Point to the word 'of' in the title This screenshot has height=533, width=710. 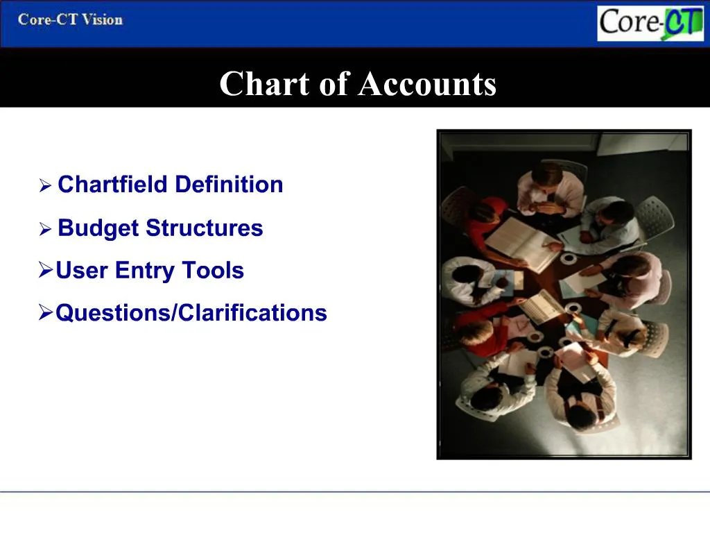click(334, 84)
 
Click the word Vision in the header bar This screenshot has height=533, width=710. click(103, 19)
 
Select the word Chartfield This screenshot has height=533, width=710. click(113, 185)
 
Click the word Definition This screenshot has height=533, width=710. click(229, 185)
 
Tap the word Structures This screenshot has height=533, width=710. click(205, 228)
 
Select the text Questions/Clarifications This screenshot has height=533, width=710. click(191, 313)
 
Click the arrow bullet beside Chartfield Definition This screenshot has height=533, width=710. click(45, 186)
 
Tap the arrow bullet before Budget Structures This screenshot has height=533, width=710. click(45, 229)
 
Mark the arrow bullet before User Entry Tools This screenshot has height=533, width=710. click(45, 271)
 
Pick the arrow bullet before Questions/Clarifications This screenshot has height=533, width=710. click(45, 313)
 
